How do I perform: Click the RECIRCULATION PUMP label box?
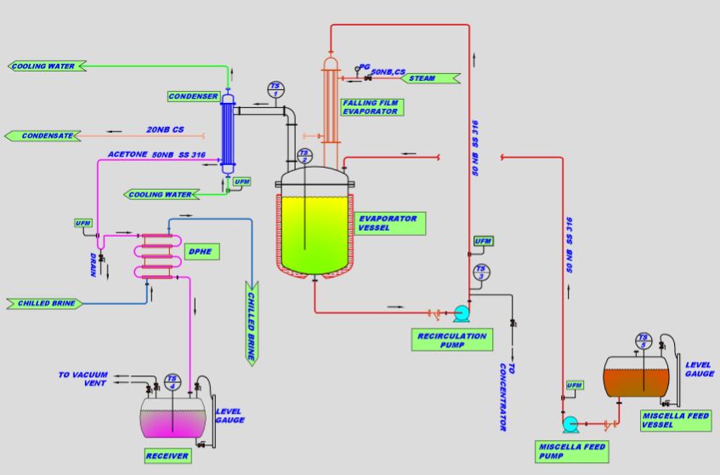[451, 340]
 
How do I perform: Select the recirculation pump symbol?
[462, 312]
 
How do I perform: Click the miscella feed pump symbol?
[571, 421]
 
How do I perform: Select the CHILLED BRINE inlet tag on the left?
[44, 303]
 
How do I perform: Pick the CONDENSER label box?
[193, 96]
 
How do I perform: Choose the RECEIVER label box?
[166, 456]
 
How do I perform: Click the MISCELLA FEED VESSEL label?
[677, 420]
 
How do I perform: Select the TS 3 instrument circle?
[481, 273]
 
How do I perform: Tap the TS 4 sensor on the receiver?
[173, 381]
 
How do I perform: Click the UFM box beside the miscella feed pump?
[575, 386]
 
